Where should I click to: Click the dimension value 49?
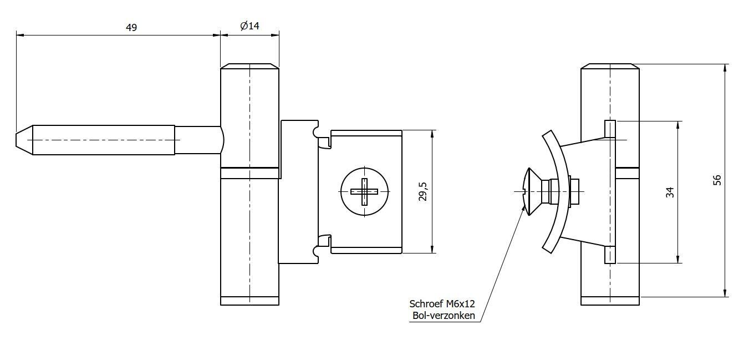pos(131,27)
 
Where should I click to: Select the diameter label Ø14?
pos(249,26)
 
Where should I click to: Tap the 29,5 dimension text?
pos(423,191)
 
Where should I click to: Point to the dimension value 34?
pos(670,192)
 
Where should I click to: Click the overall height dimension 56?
pos(717,180)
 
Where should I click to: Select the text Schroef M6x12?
pos(442,304)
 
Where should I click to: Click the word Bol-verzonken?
pos(443,316)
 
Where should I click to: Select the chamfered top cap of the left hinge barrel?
pos(249,66)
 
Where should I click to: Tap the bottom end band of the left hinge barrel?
pos(249,301)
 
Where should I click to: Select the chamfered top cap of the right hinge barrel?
pos(610,66)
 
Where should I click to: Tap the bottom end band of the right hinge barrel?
pos(610,301)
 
